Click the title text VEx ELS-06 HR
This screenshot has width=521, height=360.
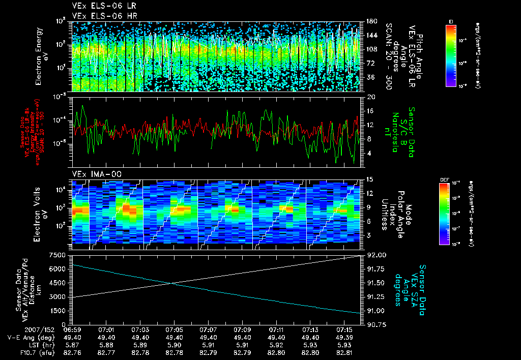(98, 16)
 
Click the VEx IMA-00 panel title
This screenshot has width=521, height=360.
(92, 174)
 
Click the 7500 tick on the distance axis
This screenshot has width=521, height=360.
(60, 255)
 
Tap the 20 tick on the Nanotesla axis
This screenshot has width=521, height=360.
(371, 96)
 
